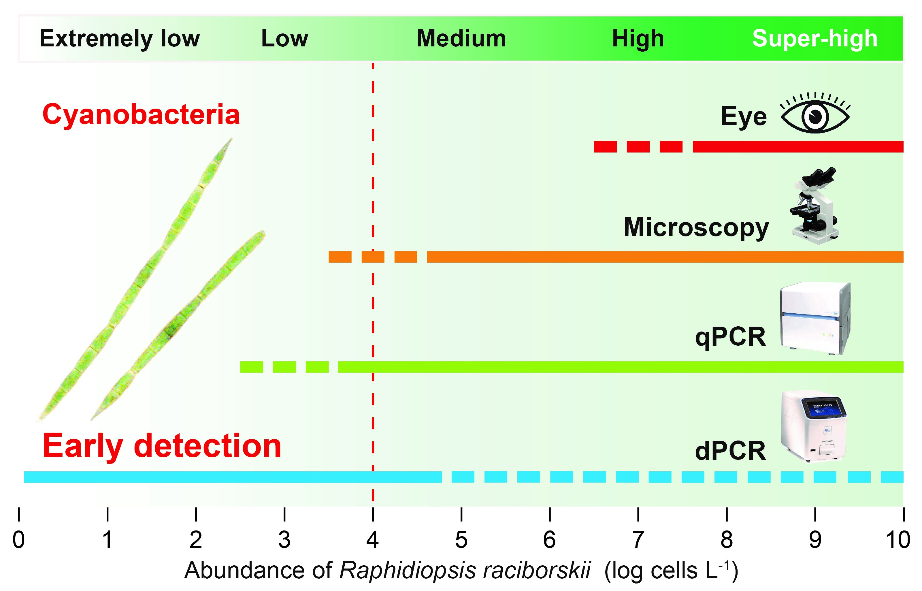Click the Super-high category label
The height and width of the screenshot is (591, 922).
814,39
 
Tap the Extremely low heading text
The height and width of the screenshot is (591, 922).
120,39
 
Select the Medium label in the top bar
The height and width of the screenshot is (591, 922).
461,39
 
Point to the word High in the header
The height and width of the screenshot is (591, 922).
638,39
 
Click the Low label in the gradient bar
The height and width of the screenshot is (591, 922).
285,39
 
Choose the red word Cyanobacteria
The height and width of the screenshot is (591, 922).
141,114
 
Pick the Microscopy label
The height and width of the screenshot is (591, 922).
696,227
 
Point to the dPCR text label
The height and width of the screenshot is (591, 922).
730,451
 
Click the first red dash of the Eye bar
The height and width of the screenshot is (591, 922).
605,147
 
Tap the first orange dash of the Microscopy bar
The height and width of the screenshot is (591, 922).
340,257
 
